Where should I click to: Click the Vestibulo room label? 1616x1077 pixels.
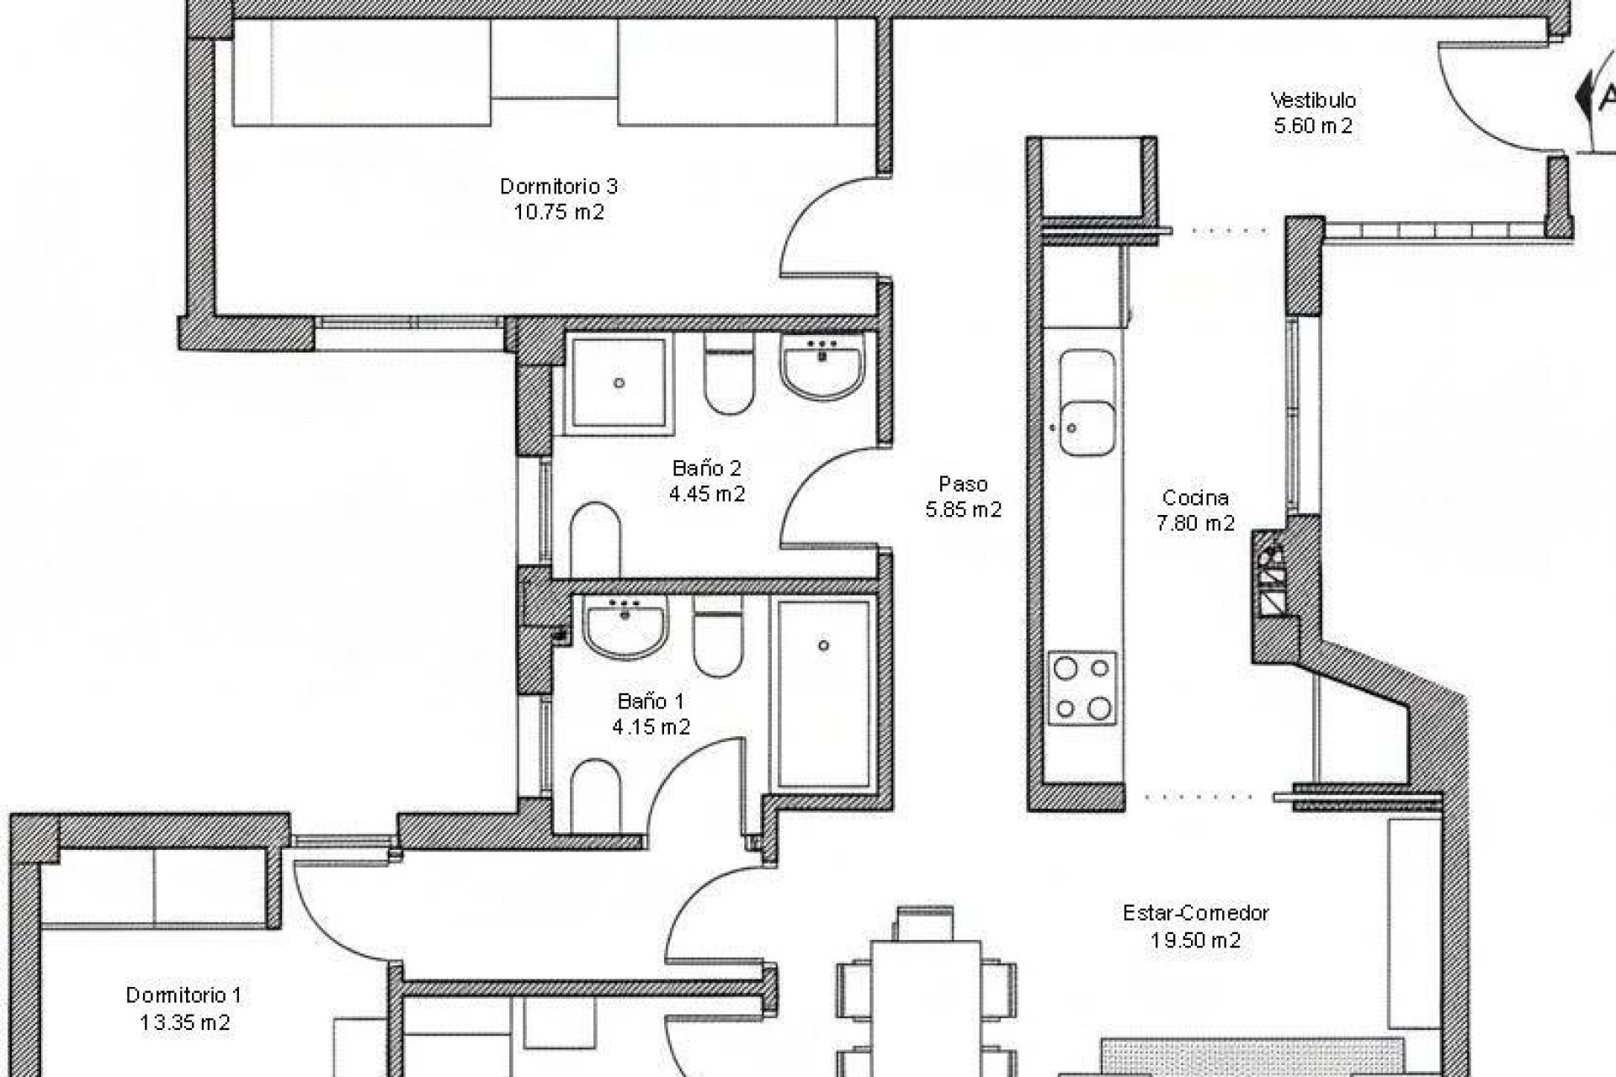tap(1313, 100)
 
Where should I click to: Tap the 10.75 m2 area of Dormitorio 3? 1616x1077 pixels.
tap(559, 212)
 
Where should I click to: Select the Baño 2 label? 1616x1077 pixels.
tap(707, 468)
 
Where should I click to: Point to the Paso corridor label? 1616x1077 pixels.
tap(963, 484)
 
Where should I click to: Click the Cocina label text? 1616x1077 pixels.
tap(1195, 497)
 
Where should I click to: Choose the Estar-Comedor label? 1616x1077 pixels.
tap(1195, 913)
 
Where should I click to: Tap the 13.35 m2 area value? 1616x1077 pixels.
tap(185, 1022)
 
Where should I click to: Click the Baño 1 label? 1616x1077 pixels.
tap(651, 701)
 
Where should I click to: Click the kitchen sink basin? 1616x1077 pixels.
tap(1087, 403)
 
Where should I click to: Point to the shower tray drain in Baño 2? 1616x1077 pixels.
tap(619, 383)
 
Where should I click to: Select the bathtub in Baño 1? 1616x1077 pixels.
tap(823, 694)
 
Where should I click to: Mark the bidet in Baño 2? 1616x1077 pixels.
tap(595, 539)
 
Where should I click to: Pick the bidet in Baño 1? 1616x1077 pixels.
tap(595, 794)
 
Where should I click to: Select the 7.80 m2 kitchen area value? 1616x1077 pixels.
tap(1195, 523)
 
